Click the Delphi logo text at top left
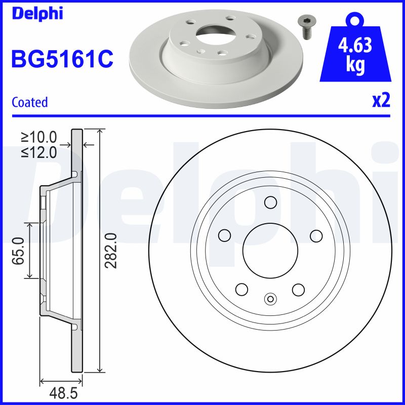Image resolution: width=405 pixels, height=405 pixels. pos(37,13)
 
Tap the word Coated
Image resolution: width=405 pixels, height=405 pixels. pos(29,102)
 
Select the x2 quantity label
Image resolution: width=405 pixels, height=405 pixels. pos(381,101)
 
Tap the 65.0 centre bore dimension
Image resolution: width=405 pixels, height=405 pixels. pos(19,250)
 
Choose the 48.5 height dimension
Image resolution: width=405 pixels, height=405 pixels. pos(61,393)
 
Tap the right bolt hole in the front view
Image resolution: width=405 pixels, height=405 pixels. pos(316,235)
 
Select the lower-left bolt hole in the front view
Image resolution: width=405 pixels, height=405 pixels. pos(241,289)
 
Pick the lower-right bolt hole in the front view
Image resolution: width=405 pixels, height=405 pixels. pos(298,289)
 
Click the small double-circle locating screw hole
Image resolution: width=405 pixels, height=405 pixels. pos(270,299)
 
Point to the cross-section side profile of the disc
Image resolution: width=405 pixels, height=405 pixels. pos(76,251)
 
